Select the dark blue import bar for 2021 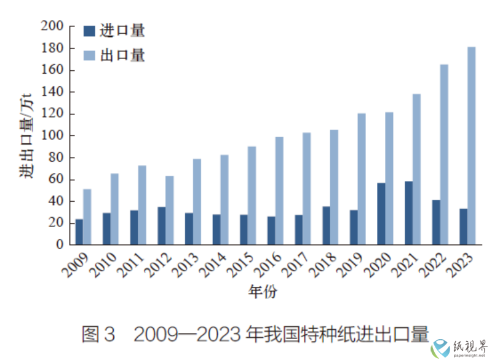(408, 213)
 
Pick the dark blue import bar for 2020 (381, 214)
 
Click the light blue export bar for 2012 (169, 210)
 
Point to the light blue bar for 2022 (444, 154)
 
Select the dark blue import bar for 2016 (271, 230)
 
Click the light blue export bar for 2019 (362, 178)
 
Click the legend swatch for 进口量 (89, 30)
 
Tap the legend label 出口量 (130, 55)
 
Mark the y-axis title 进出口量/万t (26, 135)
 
